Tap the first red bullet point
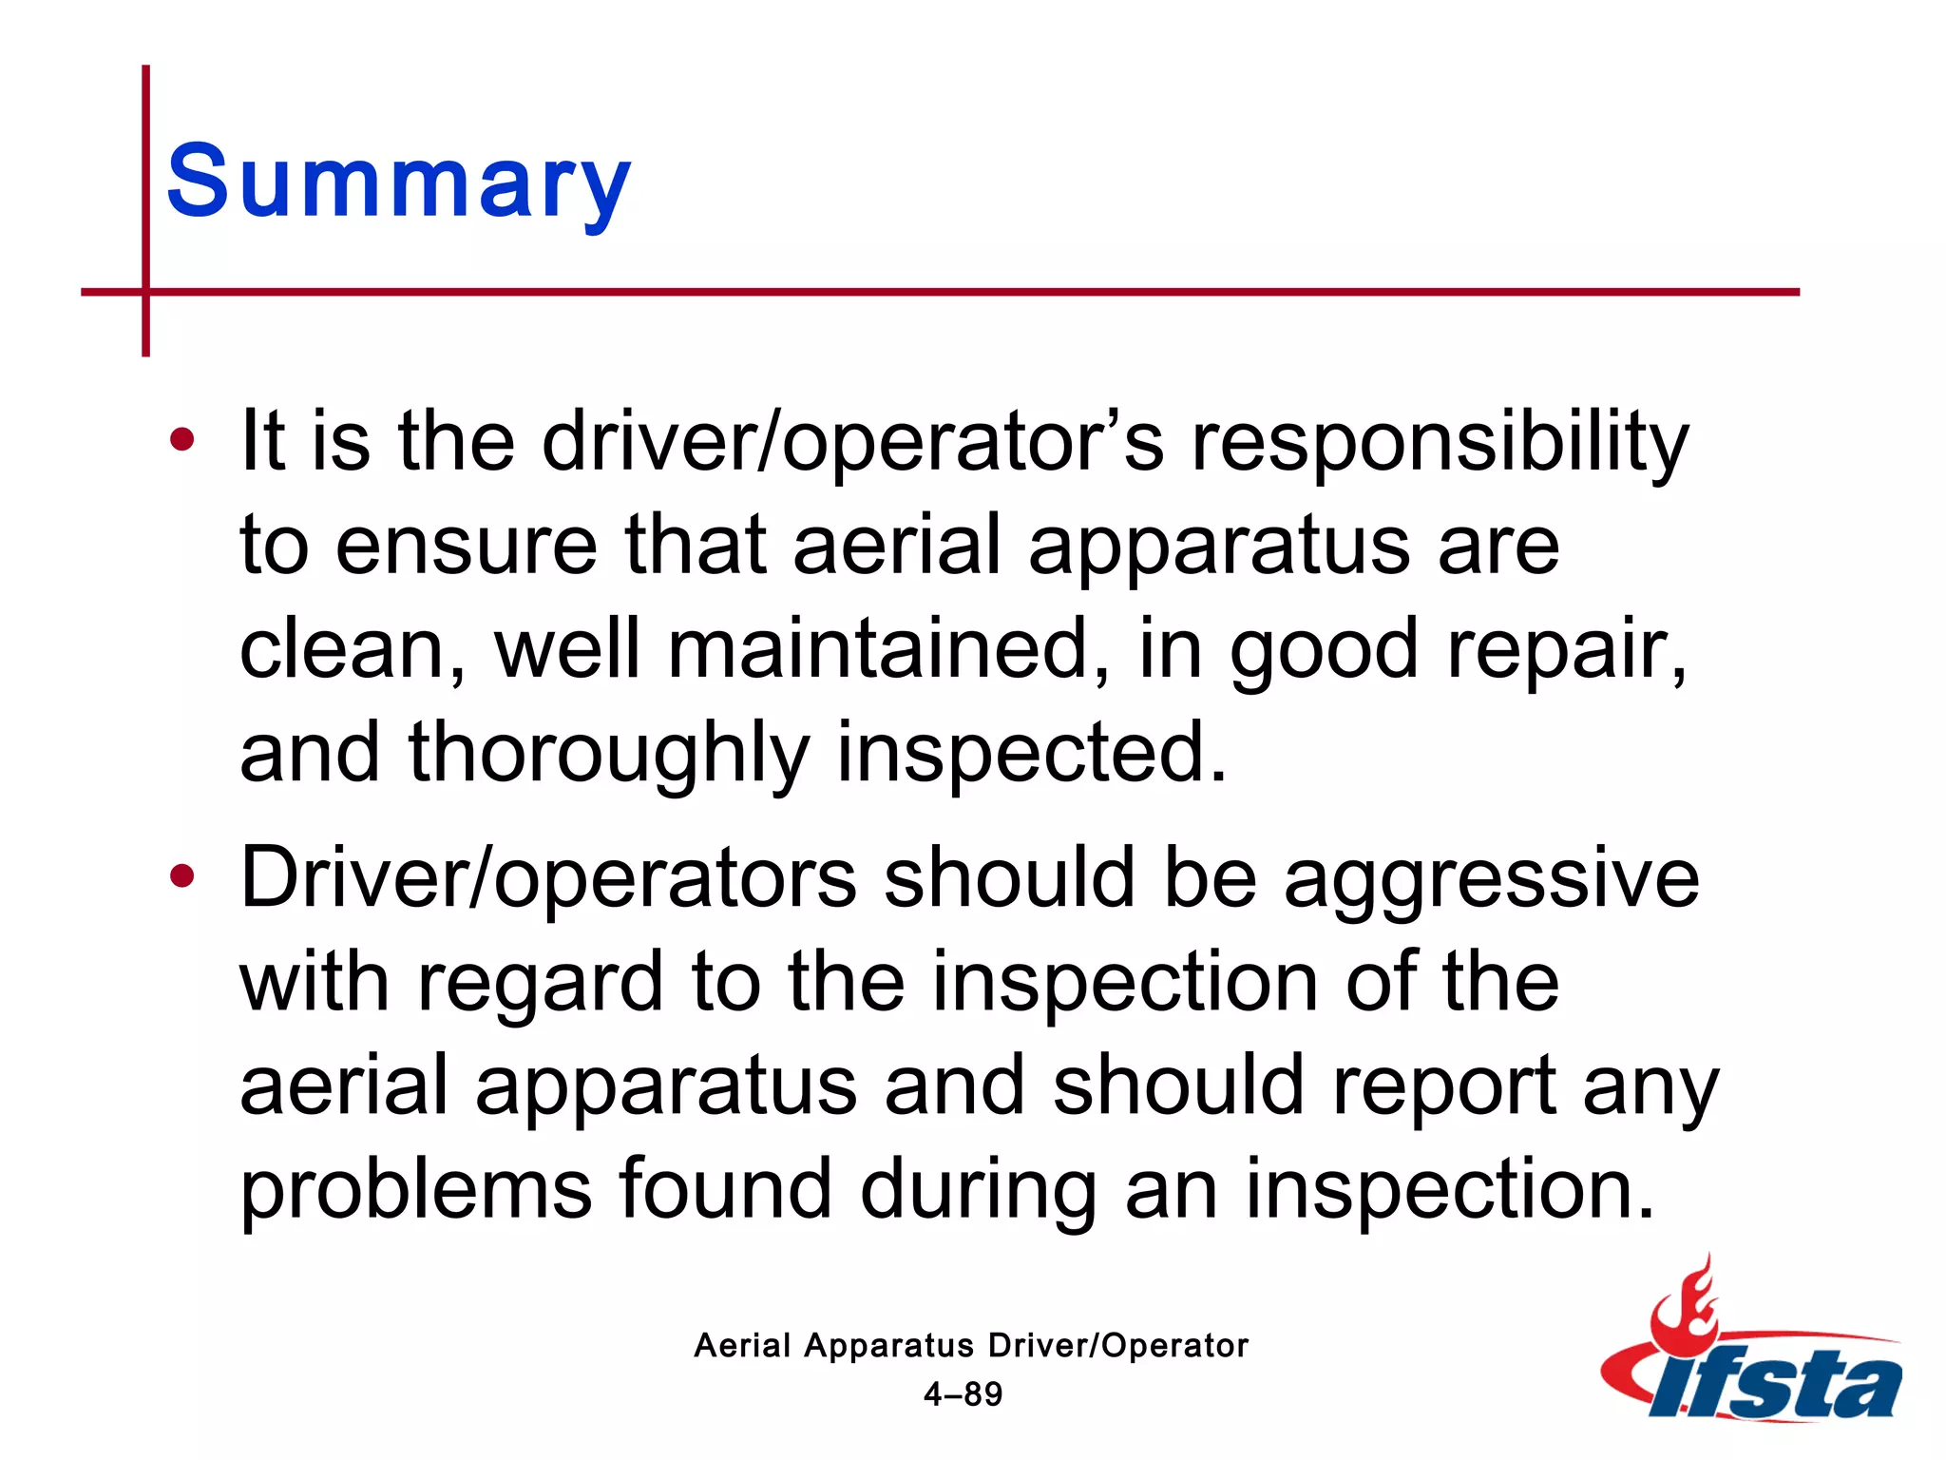(x=181, y=440)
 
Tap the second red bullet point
(x=181, y=876)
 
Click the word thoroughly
(x=608, y=755)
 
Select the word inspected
(x=1031, y=755)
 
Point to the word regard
(x=540, y=985)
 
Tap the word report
(x=1444, y=1089)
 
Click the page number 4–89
(x=963, y=1394)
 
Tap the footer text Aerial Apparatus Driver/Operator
(x=970, y=1345)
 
